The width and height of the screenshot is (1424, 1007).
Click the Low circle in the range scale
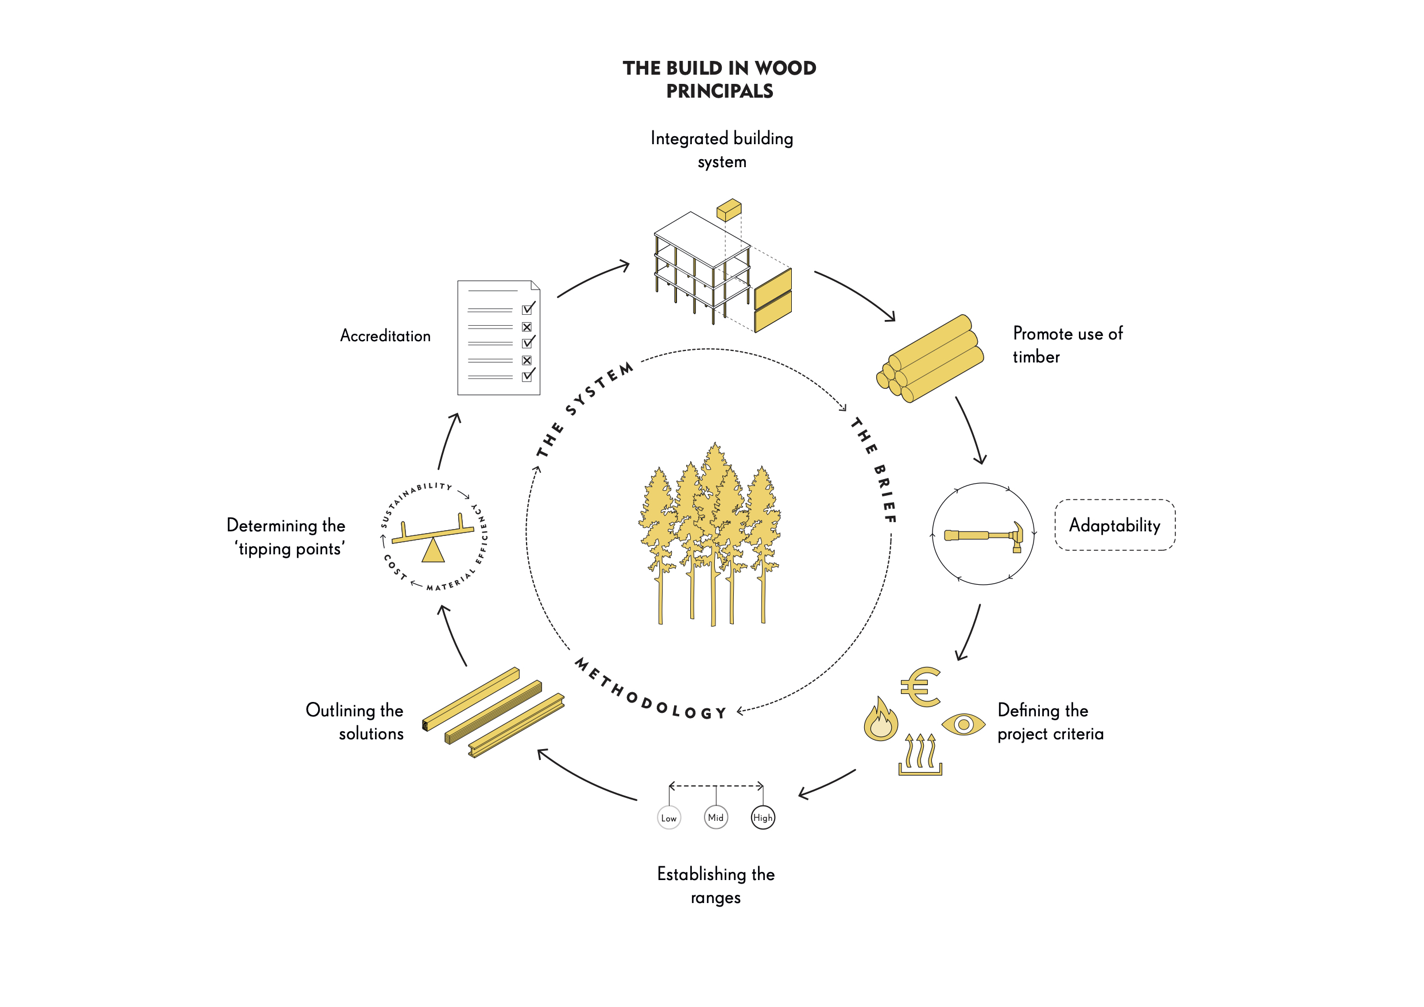pyautogui.click(x=668, y=818)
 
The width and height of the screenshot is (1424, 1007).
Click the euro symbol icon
pyautogui.click(x=921, y=687)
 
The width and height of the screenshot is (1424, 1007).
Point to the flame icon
pyautogui.click(x=881, y=720)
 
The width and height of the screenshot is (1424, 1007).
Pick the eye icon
pyautogui.click(x=963, y=724)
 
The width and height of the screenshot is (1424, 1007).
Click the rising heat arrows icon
pyautogui.click(x=920, y=754)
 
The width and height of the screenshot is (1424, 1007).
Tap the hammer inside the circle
pyautogui.click(x=984, y=535)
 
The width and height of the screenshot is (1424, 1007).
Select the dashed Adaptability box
pyautogui.click(x=1115, y=525)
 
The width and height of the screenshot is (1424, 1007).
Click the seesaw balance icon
pyautogui.click(x=433, y=537)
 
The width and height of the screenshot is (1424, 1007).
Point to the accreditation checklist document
pyautogui.click(x=498, y=338)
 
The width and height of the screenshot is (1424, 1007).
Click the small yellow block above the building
pyautogui.click(x=729, y=210)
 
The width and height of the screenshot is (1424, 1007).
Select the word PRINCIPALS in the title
pyautogui.click(x=719, y=91)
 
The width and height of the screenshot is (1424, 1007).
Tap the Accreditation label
pyautogui.click(x=385, y=335)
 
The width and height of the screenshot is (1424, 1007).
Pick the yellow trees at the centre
pyautogui.click(x=711, y=534)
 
